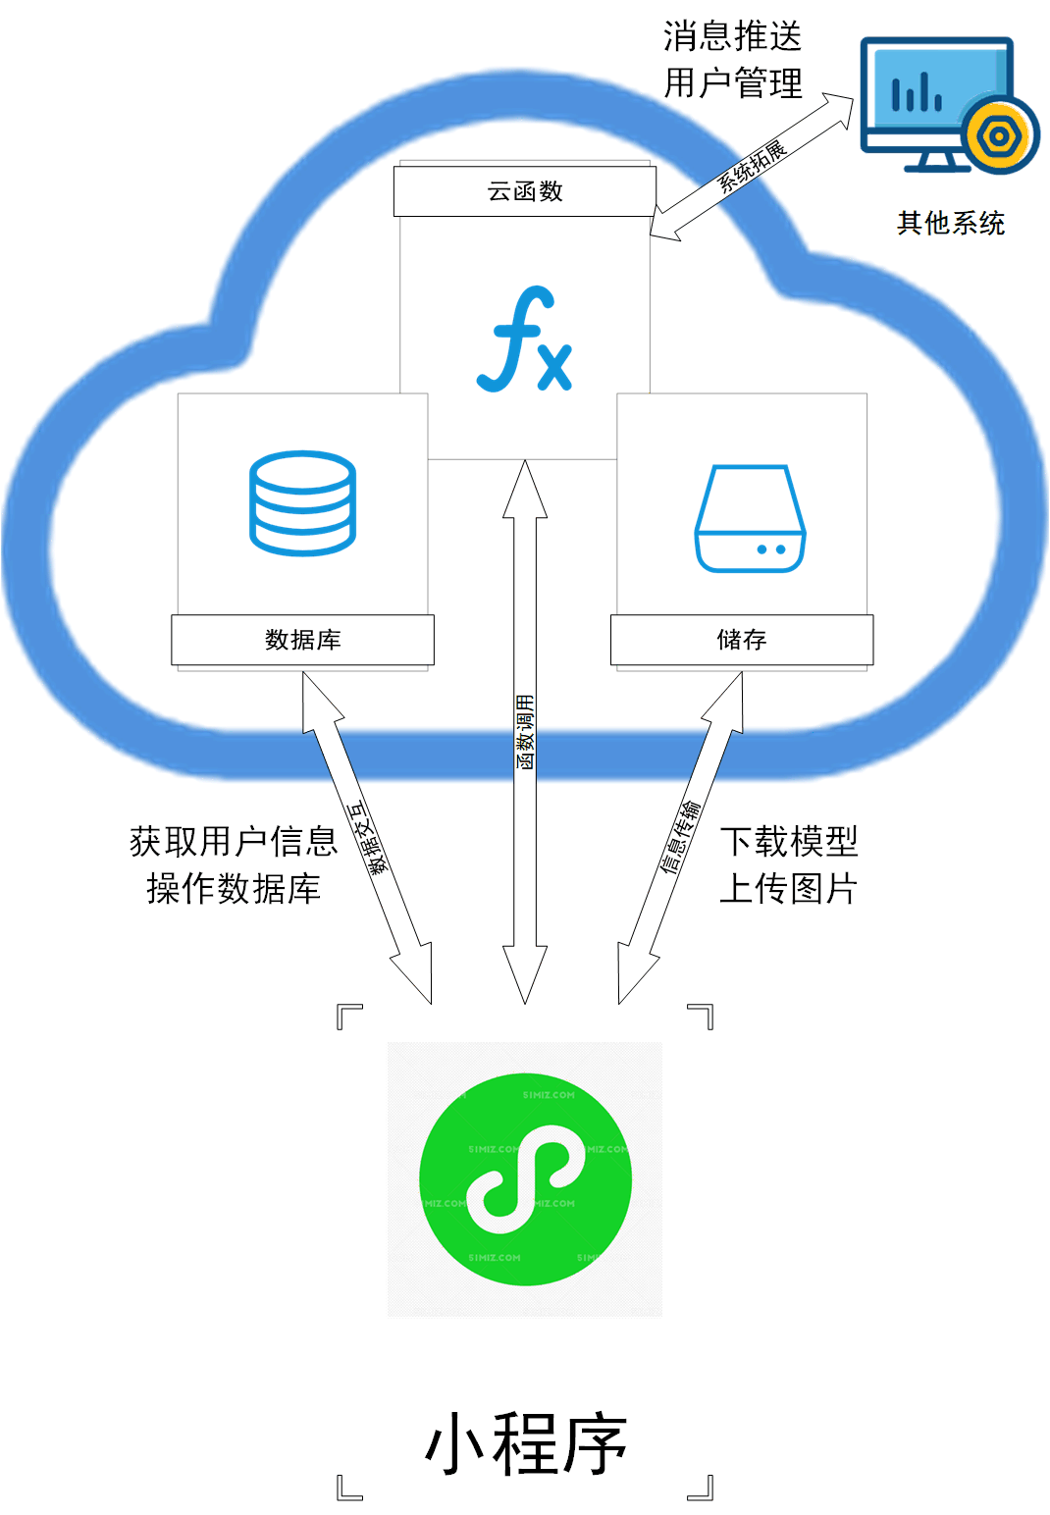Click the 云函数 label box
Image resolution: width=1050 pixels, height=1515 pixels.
point(524,191)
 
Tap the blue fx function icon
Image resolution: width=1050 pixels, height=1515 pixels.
point(525,340)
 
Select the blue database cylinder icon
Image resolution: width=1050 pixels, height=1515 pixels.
point(302,503)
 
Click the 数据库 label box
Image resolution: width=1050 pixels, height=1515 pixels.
point(302,640)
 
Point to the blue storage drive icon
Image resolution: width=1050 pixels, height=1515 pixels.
point(750,519)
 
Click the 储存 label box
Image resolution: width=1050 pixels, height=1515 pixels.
point(741,640)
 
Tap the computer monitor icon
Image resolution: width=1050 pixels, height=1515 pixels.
point(937,103)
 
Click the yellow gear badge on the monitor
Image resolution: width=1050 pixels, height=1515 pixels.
point(999,136)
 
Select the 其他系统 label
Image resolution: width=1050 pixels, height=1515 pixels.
point(950,224)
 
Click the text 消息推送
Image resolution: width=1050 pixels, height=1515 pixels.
point(732,37)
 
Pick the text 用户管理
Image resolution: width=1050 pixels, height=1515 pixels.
point(732,83)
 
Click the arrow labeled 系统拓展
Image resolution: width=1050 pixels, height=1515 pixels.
point(752,167)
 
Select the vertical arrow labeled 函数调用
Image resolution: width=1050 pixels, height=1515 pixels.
point(525,732)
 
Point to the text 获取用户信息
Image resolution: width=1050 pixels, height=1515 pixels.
point(234,842)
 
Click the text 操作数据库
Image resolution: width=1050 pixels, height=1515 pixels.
point(234,889)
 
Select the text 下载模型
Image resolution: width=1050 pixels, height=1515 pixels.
point(789,842)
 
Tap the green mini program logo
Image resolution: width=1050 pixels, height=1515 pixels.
point(525,1178)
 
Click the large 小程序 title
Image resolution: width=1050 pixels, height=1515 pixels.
point(525,1443)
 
